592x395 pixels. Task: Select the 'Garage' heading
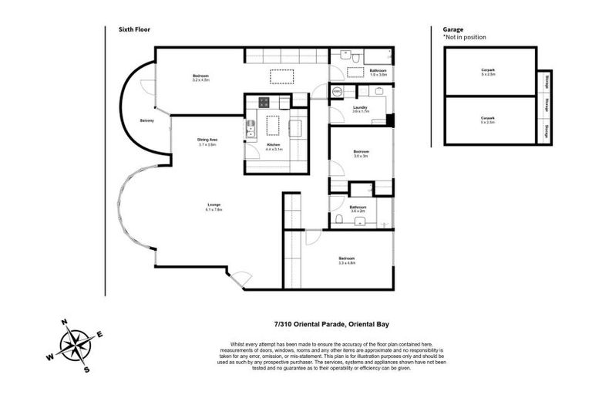(x=454, y=30)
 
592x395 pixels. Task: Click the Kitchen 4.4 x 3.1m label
(x=274, y=146)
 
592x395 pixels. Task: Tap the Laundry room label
(x=360, y=109)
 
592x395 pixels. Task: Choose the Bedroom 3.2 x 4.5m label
(x=200, y=76)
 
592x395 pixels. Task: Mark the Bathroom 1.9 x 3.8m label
(x=378, y=72)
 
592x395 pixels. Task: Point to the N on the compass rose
(x=65, y=323)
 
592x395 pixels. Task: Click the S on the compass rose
(x=86, y=370)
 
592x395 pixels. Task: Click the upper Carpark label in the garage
(x=489, y=72)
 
